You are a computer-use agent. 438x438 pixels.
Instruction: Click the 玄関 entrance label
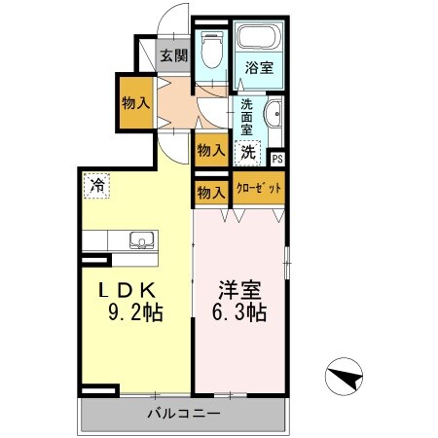point(174,55)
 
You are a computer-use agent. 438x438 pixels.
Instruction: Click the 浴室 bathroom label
point(259,69)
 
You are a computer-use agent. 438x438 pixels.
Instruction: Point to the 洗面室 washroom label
point(247,117)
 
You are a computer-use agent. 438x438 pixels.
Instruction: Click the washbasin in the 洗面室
point(274,114)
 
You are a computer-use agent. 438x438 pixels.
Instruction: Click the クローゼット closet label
point(259,188)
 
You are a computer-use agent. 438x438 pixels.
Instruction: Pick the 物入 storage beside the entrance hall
point(134,101)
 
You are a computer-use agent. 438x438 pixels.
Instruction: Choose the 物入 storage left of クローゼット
point(210,191)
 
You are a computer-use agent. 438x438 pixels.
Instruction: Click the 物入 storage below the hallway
point(210,150)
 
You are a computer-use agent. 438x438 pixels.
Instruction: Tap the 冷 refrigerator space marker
point(97,184)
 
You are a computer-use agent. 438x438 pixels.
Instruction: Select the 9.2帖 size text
point(136,313)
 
